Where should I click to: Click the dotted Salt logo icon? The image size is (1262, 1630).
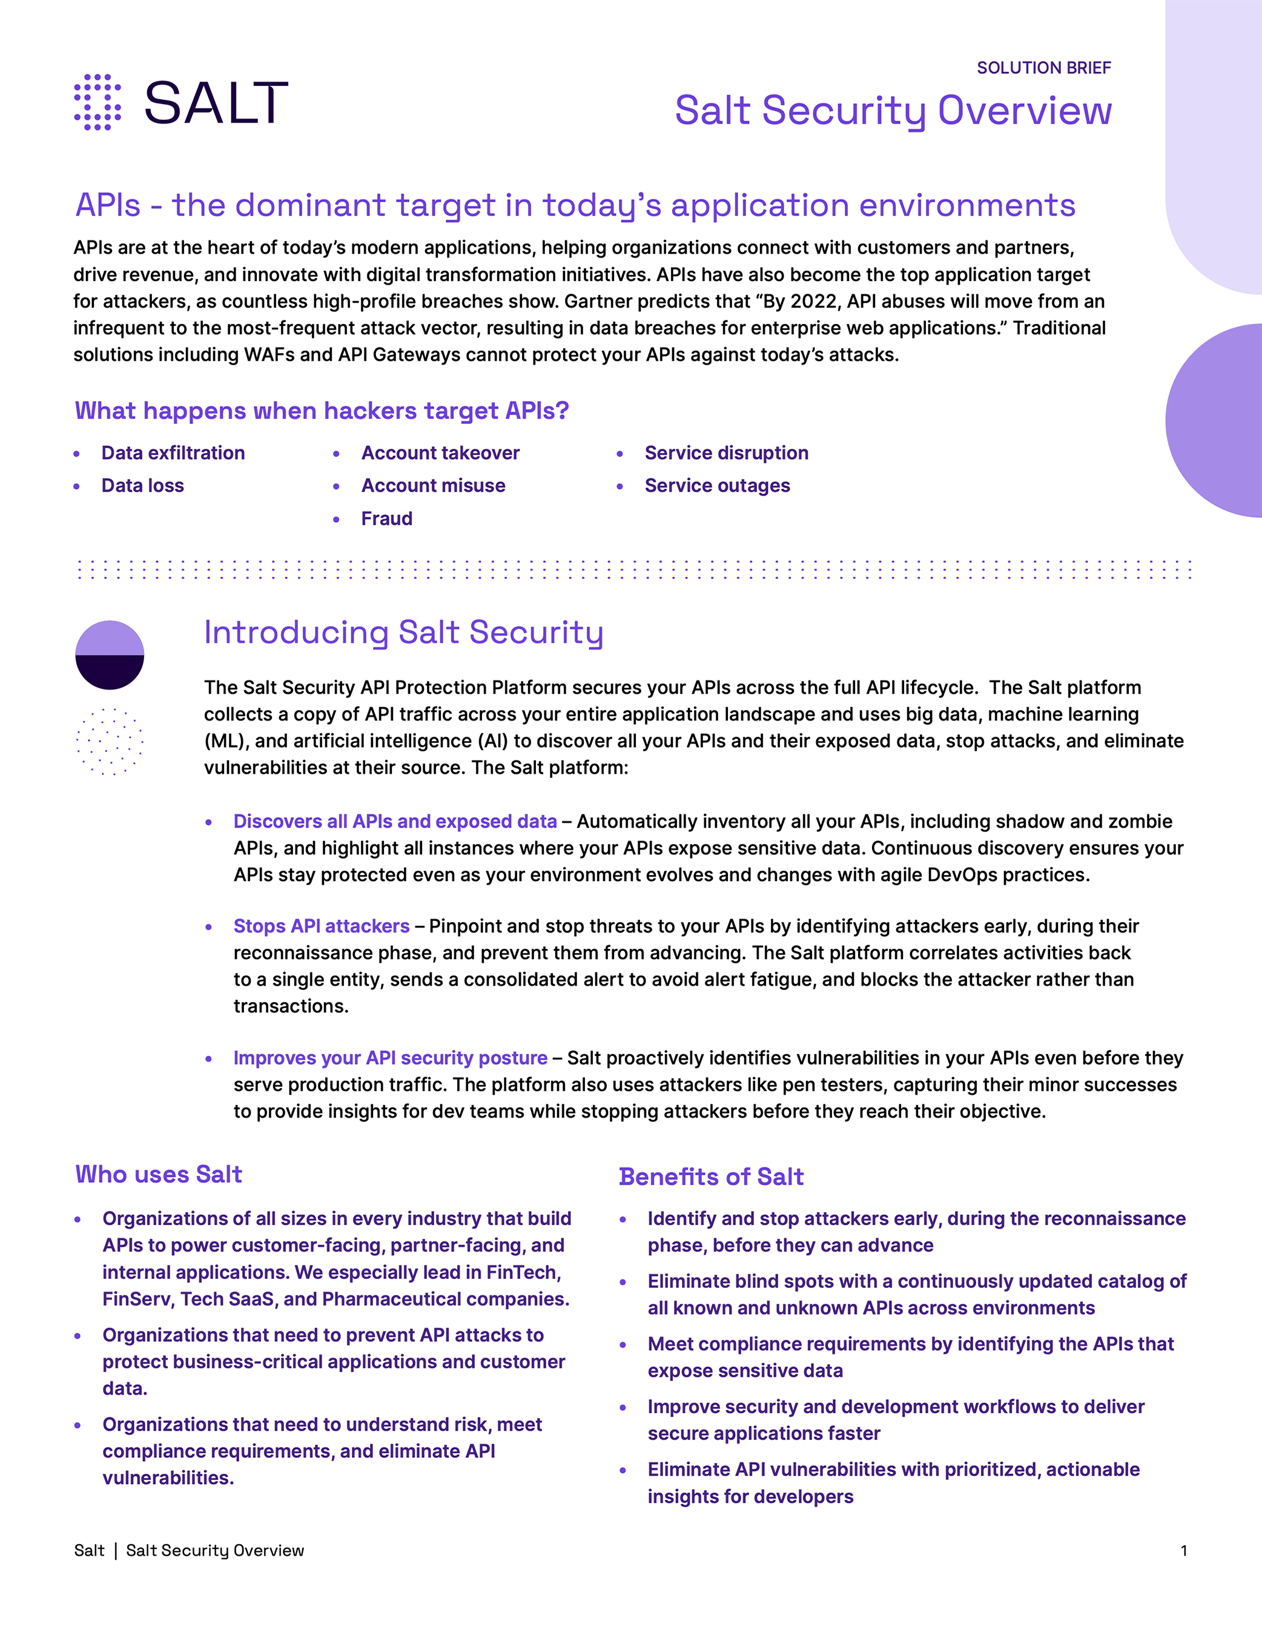click(97, 102)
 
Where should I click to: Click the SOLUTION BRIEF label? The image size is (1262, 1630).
click(1043, 68)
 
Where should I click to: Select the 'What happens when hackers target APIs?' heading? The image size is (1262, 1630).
click(322, 411)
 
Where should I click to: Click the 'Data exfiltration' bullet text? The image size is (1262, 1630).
click(173, 453)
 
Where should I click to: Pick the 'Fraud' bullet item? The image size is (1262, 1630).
click(386, 519)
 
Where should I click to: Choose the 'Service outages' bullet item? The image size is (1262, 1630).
click(716, 486)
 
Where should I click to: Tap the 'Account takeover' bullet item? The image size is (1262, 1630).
click(440, 453)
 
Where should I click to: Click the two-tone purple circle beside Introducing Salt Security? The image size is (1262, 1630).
click(110, 655)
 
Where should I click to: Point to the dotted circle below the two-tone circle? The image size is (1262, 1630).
click(110, 741)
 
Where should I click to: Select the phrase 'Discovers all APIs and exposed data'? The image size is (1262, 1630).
click(395, 821)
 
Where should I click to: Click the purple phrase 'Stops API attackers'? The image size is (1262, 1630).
click(321, 926)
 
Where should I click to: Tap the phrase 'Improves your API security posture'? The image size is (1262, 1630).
click(391, 1058)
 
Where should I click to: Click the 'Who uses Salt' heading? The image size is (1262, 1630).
click(158, 1174)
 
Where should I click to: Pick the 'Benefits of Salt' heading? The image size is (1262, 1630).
click(710, 1176)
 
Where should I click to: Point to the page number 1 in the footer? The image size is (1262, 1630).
click(1184, 1550)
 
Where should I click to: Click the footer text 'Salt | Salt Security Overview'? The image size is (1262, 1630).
click(189, 1550)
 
